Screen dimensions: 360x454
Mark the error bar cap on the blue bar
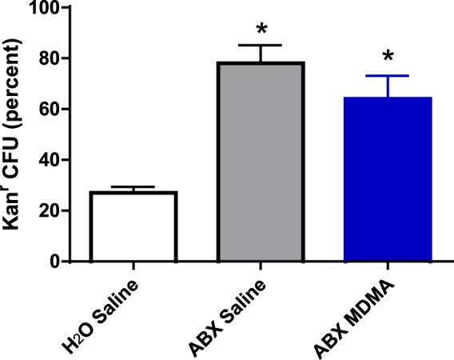388,76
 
